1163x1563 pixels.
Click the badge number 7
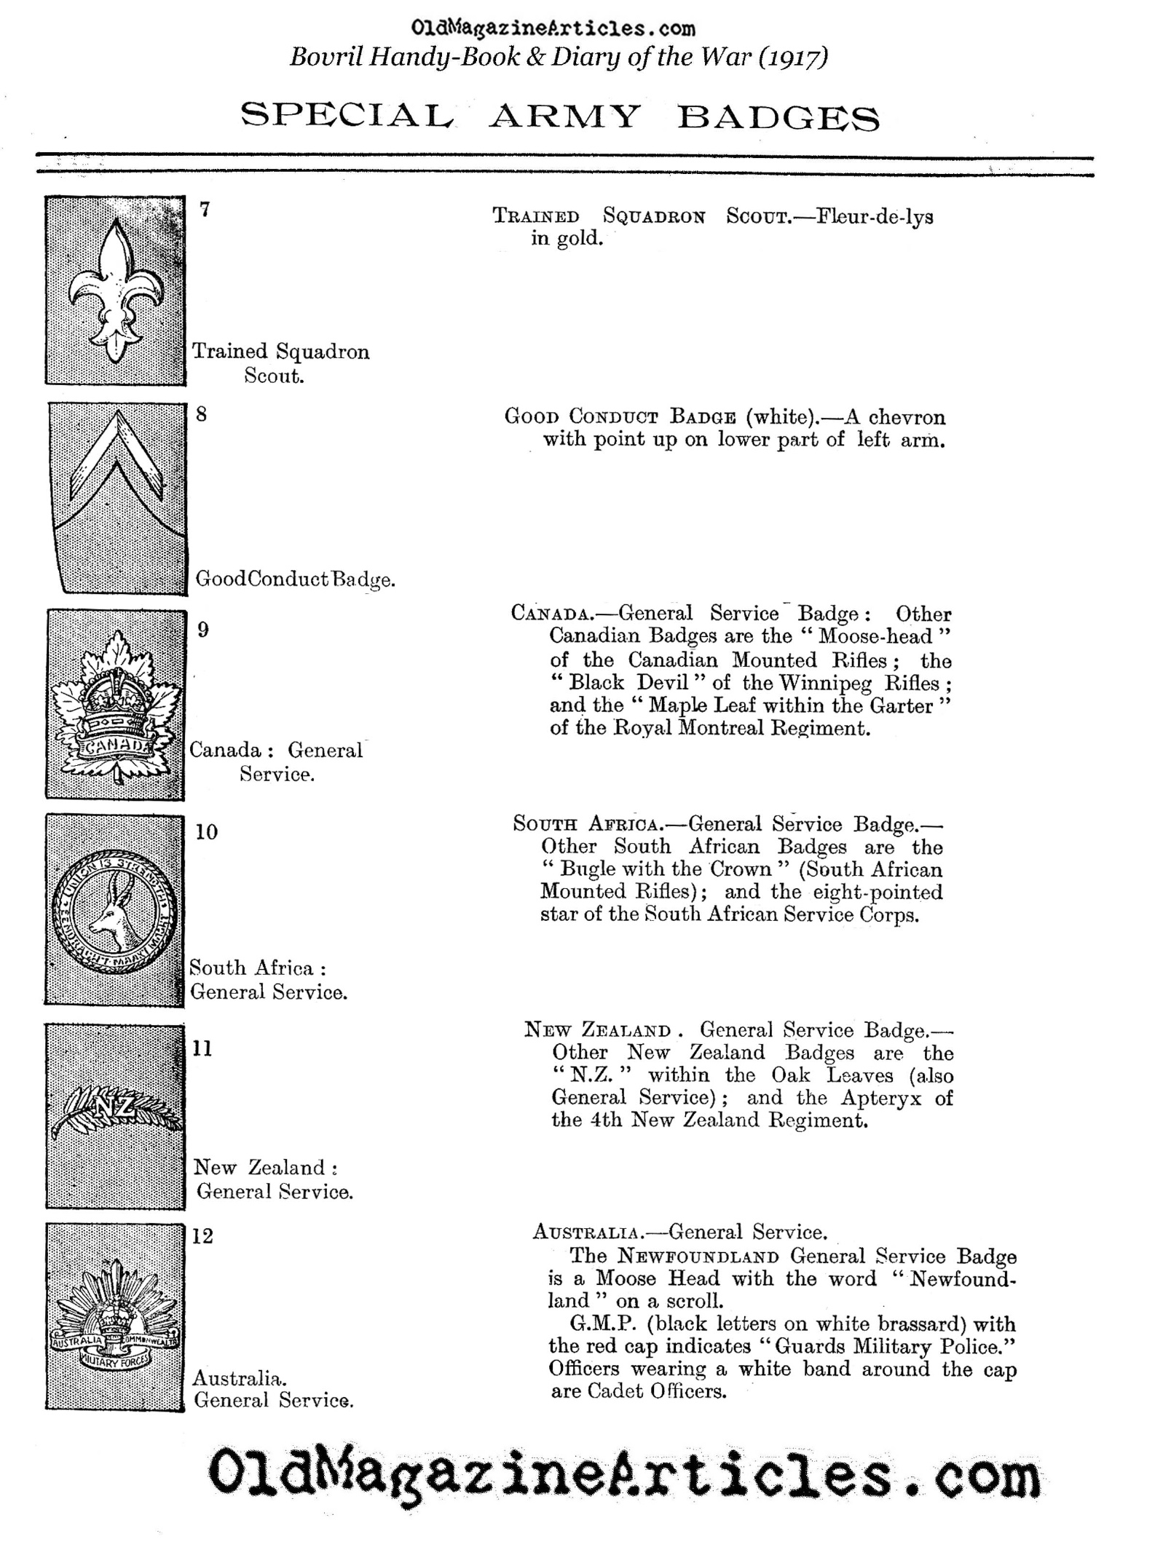click(x=205, y=210)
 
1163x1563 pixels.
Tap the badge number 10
click(x=206, y=832)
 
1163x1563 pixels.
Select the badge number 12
click(x=202, y=1237)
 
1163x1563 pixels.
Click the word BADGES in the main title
click(x=778, y=117)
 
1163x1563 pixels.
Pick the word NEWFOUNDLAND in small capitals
click(x=698, y=1257)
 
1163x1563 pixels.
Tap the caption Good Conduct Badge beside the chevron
click(x=295, y=579)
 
